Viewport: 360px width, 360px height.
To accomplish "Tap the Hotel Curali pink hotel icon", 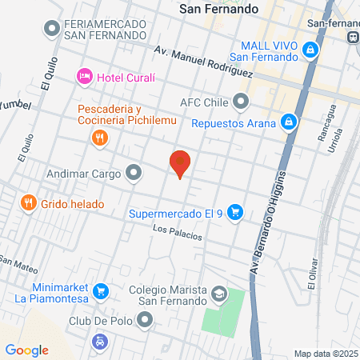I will [84, 77].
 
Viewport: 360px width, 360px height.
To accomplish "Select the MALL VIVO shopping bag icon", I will [310, 50].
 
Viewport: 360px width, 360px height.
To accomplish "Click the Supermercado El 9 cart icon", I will [235, 213].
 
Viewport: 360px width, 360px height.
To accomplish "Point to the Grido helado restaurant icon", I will [28, 203].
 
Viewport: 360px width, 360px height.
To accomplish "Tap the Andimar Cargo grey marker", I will [134, 172].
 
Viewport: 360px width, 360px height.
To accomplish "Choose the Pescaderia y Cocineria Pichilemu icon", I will [99, 138].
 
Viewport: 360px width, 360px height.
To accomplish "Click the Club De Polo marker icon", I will [145, 320].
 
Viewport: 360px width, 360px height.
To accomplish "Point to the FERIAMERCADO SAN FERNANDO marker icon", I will [53, 30].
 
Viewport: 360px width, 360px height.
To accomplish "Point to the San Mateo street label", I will [18, 261].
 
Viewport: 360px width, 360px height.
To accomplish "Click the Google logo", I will [26, 350].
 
